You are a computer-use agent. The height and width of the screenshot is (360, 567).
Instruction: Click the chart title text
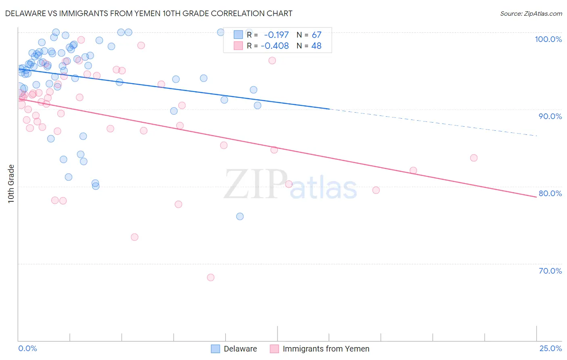(149, 13)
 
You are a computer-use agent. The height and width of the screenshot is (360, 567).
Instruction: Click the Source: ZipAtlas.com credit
(531, 14)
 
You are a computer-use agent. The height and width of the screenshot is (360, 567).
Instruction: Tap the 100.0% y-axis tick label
(548, 39)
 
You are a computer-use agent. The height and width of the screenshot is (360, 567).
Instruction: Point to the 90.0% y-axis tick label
(550, 116)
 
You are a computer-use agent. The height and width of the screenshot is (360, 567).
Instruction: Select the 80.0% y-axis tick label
(550, 193)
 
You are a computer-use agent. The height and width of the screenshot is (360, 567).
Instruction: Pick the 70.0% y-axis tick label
(550, 271)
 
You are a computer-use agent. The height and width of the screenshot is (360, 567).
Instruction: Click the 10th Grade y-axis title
(11, 184)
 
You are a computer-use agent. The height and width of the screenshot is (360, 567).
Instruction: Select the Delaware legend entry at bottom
(234, 349)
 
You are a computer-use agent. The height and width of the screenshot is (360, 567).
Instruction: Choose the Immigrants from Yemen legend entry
(320, 349)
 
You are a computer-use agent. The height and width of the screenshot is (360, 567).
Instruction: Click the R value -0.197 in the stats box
(276, 35)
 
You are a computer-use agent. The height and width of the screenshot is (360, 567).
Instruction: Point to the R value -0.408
(275, 46)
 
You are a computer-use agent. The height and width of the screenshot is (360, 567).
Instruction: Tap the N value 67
(317, 35)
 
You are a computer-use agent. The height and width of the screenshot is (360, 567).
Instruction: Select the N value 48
(317, 46)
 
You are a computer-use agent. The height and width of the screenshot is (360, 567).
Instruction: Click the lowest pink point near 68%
(211, 277)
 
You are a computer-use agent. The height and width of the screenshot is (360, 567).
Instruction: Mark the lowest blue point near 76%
(240, 216)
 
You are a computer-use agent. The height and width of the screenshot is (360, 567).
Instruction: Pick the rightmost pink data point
(474, 158)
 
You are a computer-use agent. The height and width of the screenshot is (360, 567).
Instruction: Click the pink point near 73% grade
(135, 237)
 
